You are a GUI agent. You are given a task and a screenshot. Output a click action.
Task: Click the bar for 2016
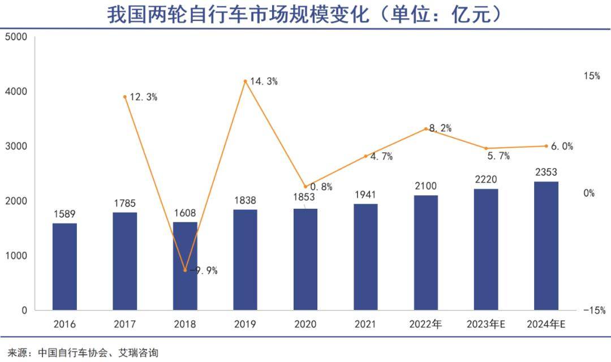[x=64, y=266]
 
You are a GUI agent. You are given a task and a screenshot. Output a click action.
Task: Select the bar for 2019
[x=245, y=260]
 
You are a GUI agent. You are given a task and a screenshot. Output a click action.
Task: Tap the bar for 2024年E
[x=546, y=245]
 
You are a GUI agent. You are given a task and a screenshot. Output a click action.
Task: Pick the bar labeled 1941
[x=365, y=257]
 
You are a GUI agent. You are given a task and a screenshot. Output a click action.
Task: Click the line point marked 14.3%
[x=245, y=81]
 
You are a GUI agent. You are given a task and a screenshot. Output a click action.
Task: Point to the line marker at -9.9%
[x=185, y=270]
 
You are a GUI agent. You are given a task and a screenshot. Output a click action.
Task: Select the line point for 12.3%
[x=124, y=97]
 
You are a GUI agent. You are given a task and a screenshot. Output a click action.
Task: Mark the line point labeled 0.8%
[x=305, y=186]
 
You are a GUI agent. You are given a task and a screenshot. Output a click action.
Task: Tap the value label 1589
[x=64, y=214]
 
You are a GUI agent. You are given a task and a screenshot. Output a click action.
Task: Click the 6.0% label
[x=562, y=146]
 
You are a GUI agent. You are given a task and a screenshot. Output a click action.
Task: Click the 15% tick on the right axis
[x=592, y=76]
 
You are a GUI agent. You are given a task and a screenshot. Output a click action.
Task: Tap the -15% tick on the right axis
[x=594, y=310]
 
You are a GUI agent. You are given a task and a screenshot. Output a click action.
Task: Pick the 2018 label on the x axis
[x=185, y=325]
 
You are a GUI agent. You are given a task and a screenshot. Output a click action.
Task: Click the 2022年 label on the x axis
[x=425, y=325]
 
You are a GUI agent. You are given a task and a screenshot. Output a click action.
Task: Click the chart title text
[x=305, y=14]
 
